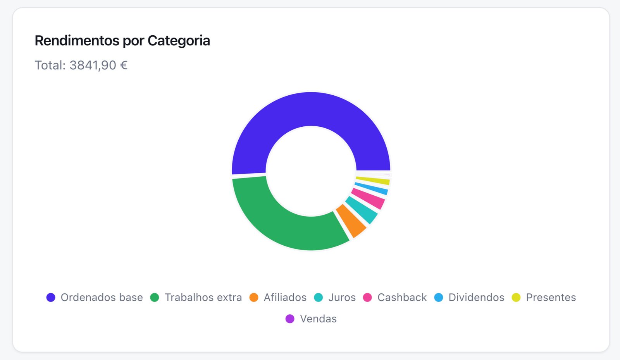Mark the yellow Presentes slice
(x=373, y=181)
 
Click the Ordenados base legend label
(x=102, y=297)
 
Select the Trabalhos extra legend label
(x=203, y=297)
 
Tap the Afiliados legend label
(x=285, y=297)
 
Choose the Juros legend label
(x=342, y=297)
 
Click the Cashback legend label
(x=402, y=297)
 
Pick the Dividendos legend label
(x=476, y=297)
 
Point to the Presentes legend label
(x=551, y=297)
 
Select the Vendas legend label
(x=318, y=319)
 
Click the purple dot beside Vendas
(x=290, y=319)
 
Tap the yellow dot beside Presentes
(x=516, y=297)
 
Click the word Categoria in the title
(x=179, y=41)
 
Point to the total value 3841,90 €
(x=98, y=65)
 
